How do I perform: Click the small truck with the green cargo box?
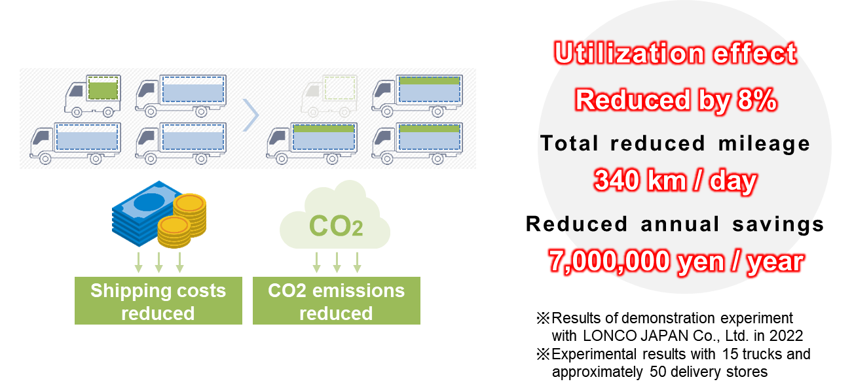click(93, 96)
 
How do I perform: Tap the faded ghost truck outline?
click(329, 96)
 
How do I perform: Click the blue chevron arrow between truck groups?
click(251, 115)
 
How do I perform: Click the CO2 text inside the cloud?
click(335, 226)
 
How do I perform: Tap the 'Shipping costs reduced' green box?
click(158, 300)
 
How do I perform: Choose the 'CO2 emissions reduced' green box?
click(337, 300)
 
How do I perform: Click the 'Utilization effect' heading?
click(675, 53)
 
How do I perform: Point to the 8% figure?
click(757, 100)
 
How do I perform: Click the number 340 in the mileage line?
click(616, 180)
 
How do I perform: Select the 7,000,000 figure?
click(609, 262)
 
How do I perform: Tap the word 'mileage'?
click(764, 145)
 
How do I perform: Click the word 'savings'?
click(778, 224)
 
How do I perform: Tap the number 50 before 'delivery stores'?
click(658, 372)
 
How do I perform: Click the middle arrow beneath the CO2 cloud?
click(337, 262)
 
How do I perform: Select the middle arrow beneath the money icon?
click(159, 262)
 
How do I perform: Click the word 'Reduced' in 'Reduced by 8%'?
click(632, 100)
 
